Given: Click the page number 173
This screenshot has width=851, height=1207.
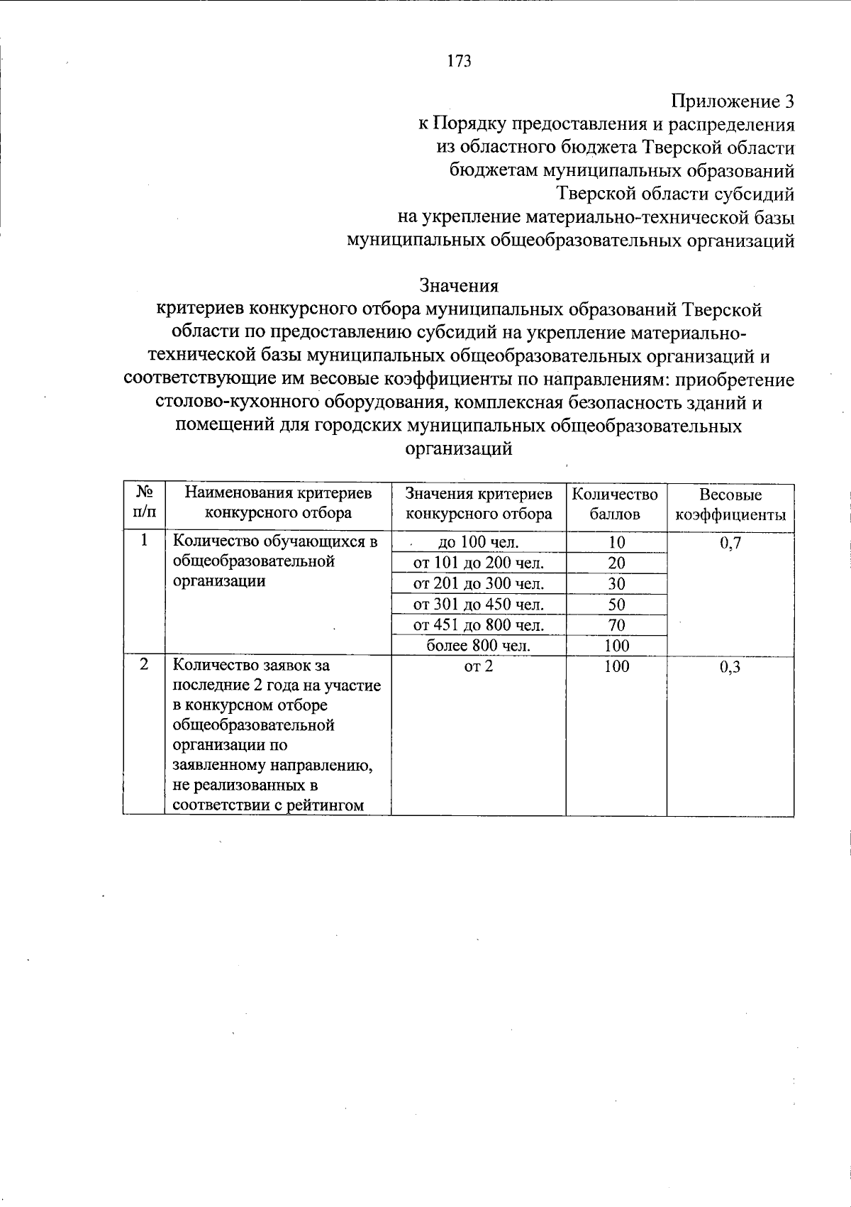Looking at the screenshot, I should click(x=459, y=62).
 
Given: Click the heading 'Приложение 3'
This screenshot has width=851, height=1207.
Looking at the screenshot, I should click(x=732, y=101).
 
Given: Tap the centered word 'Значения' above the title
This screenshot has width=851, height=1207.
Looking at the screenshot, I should click(x=459, y=285).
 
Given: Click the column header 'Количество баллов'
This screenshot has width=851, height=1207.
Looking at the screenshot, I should click(x=615, y=505).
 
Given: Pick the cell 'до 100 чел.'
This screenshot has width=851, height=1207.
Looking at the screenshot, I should click(x=479, y=543).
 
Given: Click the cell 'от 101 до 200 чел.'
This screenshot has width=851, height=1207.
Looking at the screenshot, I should click(x=479, y=563).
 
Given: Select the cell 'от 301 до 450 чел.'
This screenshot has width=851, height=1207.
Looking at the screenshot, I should click(x=479, y=605).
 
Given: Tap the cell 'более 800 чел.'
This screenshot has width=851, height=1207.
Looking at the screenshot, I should click(x=479, y=646).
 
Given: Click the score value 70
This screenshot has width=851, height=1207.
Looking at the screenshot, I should click(x=616, y=625).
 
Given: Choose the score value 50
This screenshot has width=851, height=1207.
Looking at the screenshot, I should click(x=616, y=605).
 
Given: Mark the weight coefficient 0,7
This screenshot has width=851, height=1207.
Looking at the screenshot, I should click(x=730, y=544).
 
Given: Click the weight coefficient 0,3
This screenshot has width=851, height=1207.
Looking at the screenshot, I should click(x=730, y=667).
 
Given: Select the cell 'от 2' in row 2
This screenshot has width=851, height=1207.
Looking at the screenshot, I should click(x=478, y=666).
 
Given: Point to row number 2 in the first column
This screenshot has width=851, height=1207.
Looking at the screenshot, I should click(x=144, y=665).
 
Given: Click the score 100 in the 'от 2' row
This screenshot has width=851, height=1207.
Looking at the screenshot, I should click(x=616, y=666).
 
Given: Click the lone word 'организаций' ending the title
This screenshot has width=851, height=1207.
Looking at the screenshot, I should click(x=458, y=448).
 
